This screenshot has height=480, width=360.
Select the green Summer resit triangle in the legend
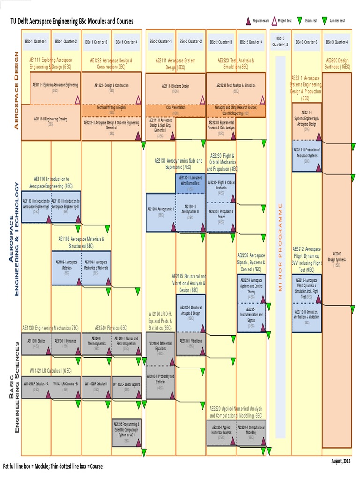(323, 21)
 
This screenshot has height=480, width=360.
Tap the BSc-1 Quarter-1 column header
(36, 41)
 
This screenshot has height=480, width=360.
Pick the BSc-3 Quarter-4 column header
(337, 41)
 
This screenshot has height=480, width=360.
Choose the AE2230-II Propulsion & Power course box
(221, 217)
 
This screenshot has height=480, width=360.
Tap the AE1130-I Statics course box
(36, 343)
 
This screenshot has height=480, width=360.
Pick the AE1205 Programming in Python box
(127, 429)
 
